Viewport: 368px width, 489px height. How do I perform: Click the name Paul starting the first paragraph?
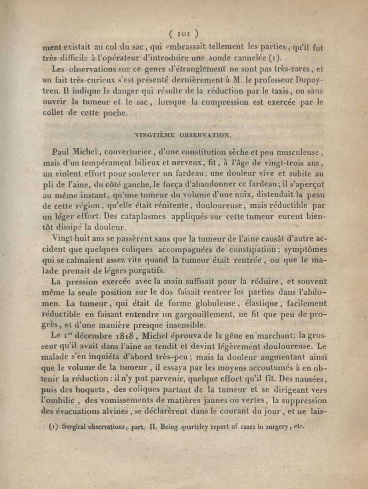(62, 151)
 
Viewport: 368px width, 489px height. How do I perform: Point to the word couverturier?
(127, 152)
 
